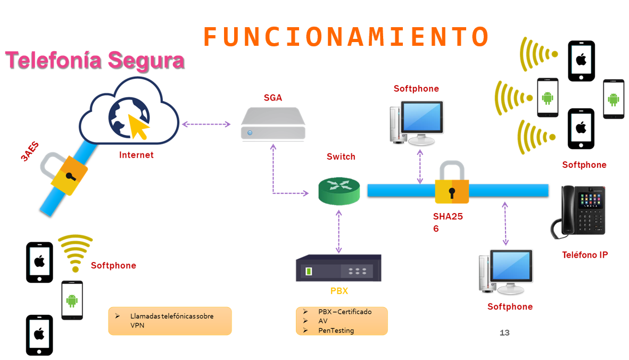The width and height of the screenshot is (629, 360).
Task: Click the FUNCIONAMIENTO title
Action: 346,37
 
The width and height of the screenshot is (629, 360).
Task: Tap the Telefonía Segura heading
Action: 95,60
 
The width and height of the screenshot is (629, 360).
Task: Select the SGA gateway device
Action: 273,124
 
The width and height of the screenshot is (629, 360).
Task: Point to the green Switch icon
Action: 339,191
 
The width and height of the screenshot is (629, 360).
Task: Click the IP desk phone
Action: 578,210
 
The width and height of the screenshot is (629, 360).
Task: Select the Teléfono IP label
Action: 585,255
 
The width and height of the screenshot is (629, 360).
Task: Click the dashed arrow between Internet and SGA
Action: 206,124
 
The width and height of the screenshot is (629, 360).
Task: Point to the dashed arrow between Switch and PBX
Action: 338,231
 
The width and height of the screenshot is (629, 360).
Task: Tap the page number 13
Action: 504,333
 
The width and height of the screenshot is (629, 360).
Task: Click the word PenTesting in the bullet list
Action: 336,331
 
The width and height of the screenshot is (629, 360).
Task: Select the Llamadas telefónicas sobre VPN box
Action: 170,321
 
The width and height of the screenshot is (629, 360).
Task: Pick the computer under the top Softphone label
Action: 416,122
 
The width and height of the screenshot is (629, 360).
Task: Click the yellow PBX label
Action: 338,291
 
